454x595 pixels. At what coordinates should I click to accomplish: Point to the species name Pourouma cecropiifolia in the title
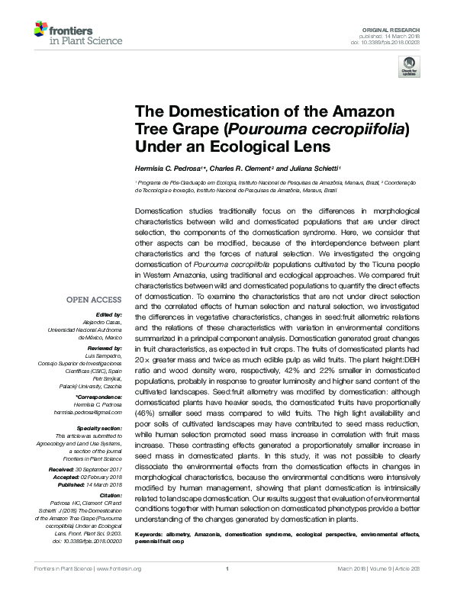[x=323, y=127]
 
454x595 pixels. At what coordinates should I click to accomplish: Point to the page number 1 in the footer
[x=227, y=589]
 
